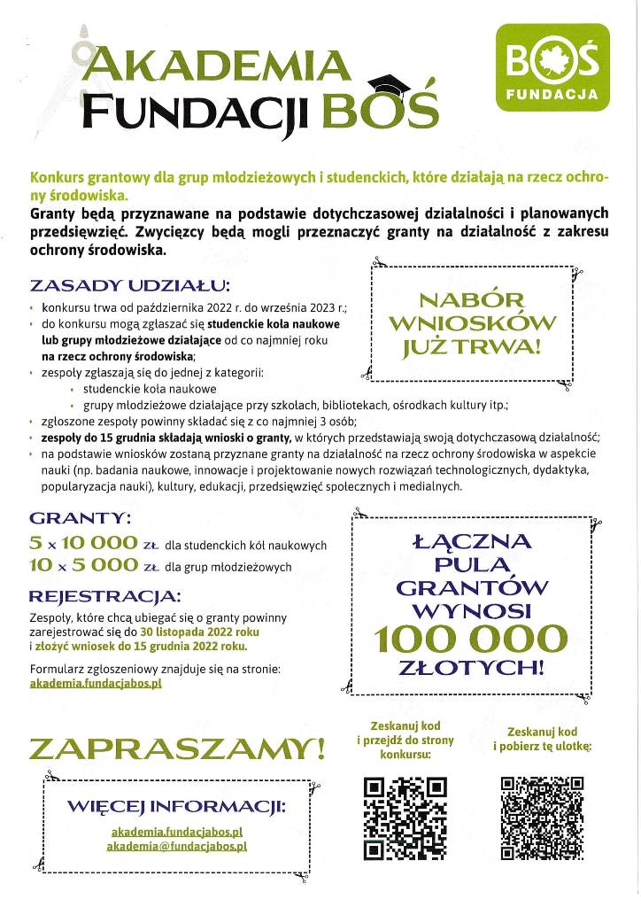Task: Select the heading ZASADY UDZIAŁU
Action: pyautogui.click(x=129, y=286)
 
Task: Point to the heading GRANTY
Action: pyautogui.click(x=81, y=517)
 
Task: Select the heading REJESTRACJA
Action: pyautogui.click(x=104, y=594)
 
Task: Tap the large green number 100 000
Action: pyautogui.click(x=469, y=638)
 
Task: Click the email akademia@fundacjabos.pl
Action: pyautogui.click(x=176, y=846)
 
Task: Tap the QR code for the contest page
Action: pyautogui.click(x=405, y=818)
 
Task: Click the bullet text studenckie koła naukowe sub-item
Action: pyautogui.click(x=148, y=388)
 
